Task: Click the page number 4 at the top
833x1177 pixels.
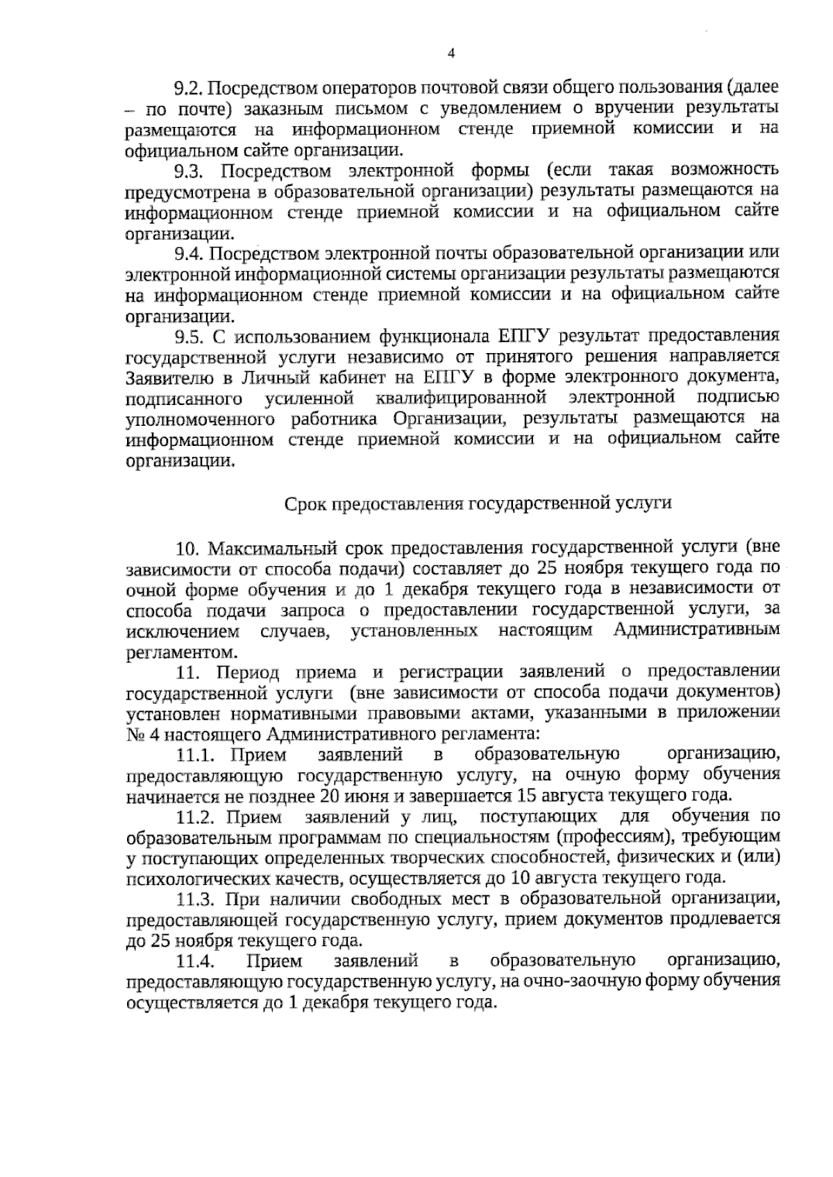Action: click(452, 53)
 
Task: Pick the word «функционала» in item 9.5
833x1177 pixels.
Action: click(434, 337)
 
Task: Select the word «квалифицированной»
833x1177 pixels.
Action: click(458, 399)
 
